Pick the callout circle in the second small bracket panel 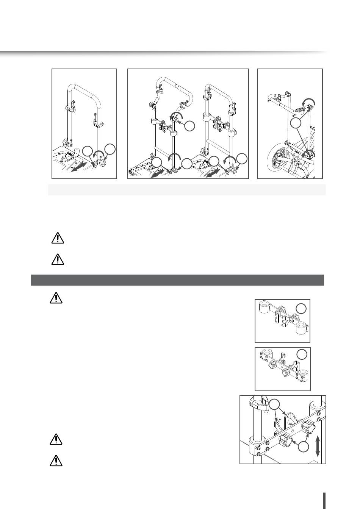click(x=302, y=354)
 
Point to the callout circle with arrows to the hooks click(x=276, y=405)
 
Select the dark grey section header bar click(x=177, y=280)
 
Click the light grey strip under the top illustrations click(x=186, y=190)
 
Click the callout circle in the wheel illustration click(x=296, y=123)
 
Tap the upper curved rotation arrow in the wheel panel click(x=308, y=101)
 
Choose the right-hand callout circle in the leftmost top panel click(x=110, y=149)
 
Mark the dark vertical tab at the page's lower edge click(x=325, y=500)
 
